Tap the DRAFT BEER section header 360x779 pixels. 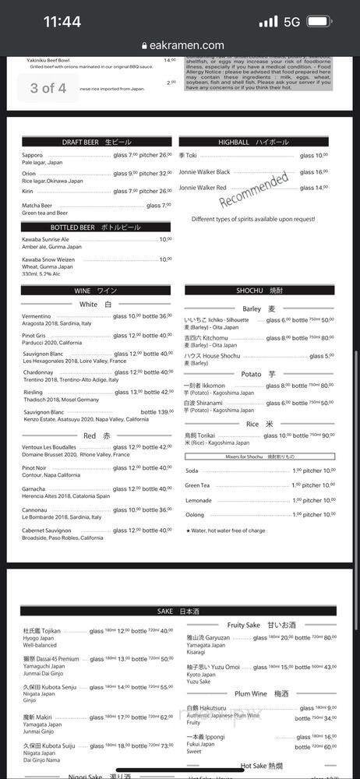(x=97, y=142)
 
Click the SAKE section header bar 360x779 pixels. (x=178, y=611)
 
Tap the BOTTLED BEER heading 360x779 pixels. (x=97, y=227)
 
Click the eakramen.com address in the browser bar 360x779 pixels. (x=185, y=46)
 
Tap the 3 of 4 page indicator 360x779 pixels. (x=48, y=87)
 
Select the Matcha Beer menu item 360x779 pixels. (x=38, y=206)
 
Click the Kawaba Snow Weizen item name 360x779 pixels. (x=48, y=259)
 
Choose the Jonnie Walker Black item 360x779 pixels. (x=204, y=172)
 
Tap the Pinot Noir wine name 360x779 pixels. (x=39, y=467)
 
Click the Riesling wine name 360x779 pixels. (x=33, y=392)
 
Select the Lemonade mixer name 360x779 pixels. (x=198, y=500)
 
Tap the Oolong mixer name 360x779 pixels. (x=194, y=515)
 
